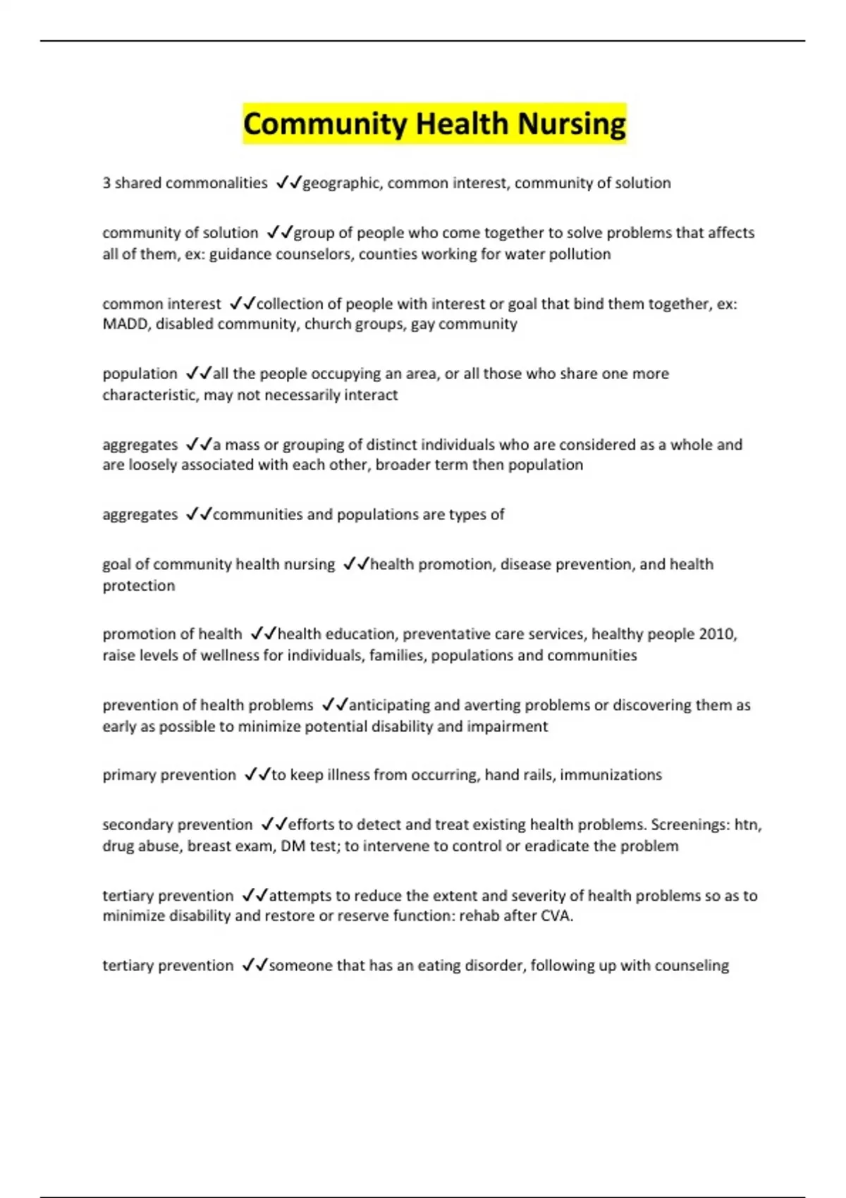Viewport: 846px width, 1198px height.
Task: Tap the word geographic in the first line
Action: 343,183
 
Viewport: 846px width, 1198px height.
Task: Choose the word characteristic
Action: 149,395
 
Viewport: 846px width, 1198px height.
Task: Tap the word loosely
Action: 152,465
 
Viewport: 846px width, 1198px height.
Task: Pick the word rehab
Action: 479,916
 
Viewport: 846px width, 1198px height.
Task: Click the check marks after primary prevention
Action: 257,775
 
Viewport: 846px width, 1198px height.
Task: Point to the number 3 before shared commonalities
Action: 106,183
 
